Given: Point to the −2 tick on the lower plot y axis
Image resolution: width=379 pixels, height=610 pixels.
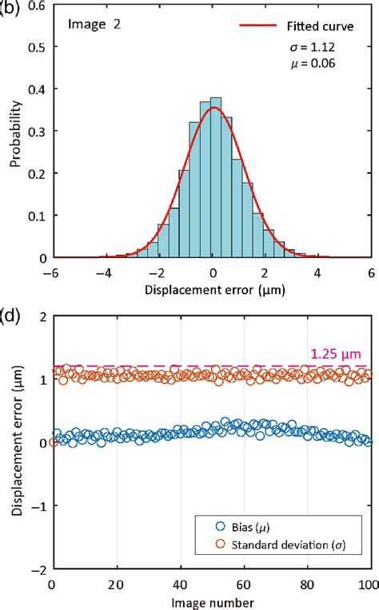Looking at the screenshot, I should coord(38,570).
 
